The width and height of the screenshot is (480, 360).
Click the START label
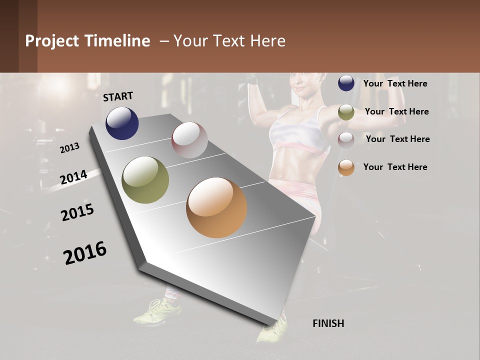tap(118, 96)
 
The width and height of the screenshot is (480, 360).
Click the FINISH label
tap(328, 323)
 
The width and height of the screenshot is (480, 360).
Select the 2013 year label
tap(69, 148)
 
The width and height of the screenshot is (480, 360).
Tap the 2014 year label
tap(73, 177)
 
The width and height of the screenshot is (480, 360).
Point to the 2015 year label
tap(77, 212)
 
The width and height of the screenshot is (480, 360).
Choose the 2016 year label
tap(85, 253)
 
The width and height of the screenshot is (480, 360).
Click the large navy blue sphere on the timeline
tap(122, 123)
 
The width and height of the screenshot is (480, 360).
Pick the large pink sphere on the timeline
tap(189, 139)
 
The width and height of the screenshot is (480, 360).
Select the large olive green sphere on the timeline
tap(145, 180)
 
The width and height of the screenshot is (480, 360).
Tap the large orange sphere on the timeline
tap(216, 207)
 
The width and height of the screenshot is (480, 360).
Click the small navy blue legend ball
tap(346, 83)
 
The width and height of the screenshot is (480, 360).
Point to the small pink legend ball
tap(346, 139)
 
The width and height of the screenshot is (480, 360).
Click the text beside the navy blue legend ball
tap(395, 83)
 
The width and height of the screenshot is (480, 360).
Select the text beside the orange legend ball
tap(395, 167)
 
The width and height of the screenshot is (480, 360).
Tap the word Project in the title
tap(51, 41)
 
